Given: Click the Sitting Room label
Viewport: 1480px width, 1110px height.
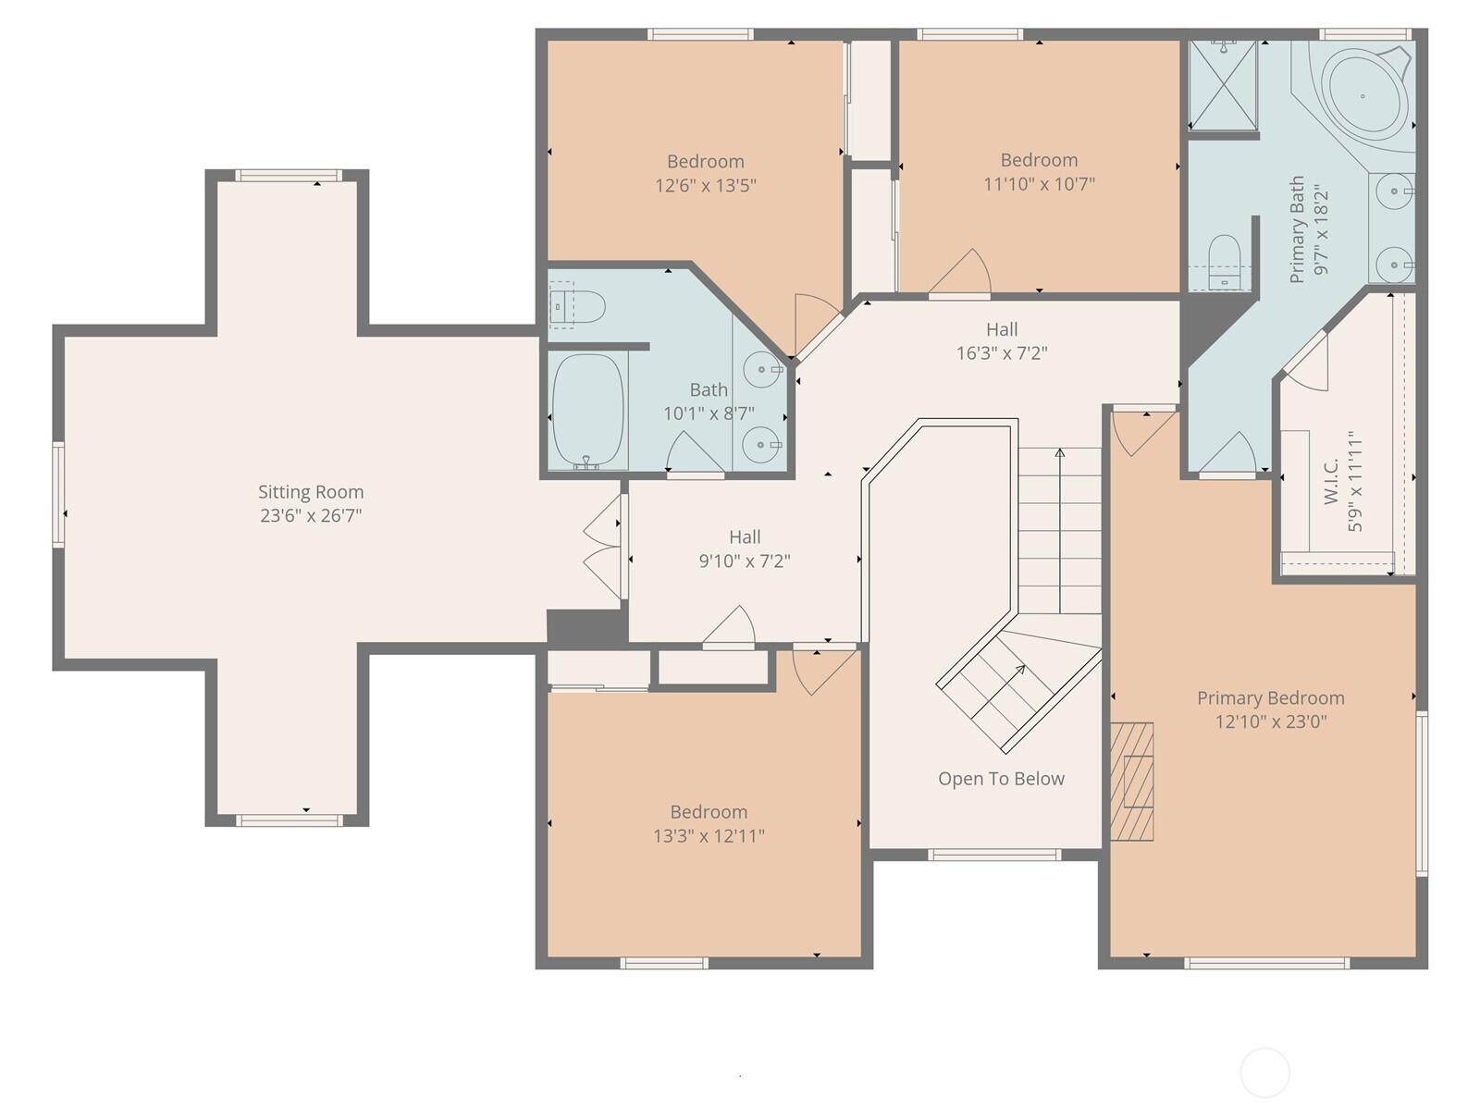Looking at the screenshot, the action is tap(311, 492).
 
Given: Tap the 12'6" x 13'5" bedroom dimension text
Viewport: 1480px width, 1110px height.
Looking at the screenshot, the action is tap(706, 185).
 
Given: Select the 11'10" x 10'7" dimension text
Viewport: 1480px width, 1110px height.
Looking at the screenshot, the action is tap(1039, 184).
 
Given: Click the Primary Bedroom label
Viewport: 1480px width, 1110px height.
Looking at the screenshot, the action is tap(1271, 698).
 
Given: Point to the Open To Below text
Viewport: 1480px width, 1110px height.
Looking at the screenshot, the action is tap(1001, 779).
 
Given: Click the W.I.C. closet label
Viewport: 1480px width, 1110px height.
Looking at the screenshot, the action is tap(1331, 482).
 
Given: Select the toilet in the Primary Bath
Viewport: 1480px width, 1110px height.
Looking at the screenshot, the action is tap(1224, 262).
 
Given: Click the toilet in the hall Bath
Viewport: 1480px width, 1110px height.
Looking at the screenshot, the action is tap(578, 307).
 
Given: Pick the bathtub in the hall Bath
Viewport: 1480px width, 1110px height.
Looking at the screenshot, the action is tap(588, 411).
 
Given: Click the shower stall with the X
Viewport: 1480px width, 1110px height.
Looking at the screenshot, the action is tap(1223, 85).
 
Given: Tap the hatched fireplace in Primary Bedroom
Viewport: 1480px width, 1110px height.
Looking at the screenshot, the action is tap(1132, 782).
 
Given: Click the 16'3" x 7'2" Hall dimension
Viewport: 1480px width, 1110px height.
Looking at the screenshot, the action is tap(1002, 353).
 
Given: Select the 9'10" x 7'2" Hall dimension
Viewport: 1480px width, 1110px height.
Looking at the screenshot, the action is tap(745, 561).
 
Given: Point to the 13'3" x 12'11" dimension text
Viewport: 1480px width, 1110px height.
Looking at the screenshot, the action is tap(709, 835).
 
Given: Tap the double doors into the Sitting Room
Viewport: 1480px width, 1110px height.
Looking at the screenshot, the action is tap(603, 547).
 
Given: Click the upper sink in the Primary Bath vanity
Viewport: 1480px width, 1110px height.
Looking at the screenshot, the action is tap(1394, 192).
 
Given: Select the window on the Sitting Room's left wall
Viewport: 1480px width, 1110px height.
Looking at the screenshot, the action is tap(59, 493).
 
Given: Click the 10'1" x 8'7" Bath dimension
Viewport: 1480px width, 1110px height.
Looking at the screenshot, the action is tap(709, 413).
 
